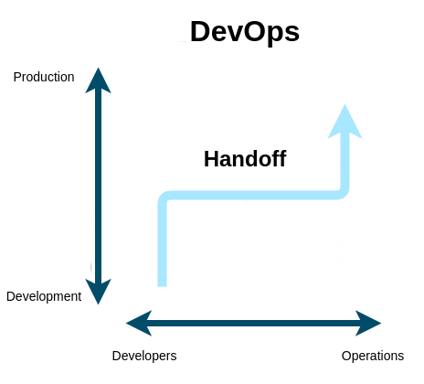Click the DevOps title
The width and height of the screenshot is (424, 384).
pyautogui.click(x=245, y=33)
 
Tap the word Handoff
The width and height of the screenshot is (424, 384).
pyautogui.click(x=245, y=159)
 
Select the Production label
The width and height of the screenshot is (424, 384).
pyautogui.click(x=44, y=77)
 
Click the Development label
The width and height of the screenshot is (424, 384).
pyautogui.click(x=44, y=297)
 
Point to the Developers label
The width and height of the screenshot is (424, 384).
pyautogui.click(x=144, y=356)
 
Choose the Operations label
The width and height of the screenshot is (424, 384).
pyautogui.click(x=373, y=356)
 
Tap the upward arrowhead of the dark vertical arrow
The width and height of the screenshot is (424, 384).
pyautogui.click(x=98, y=80)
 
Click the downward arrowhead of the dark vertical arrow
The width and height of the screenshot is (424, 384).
pyautogui.click(x=98, y=292)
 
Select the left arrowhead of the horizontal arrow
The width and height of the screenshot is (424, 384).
pyautogui.click(x=139, y=323)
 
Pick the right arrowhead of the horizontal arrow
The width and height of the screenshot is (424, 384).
pyautogui.click(x=368, y=323)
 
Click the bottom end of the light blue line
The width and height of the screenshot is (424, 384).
pyautogui.click(x=162, y=286)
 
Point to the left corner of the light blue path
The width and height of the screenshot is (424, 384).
pyautogui.click(x=163, y=197)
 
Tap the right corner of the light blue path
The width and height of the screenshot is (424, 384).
pyautogui.click(x=344, y=195)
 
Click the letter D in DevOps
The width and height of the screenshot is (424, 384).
pyautogui.click(x=200, y=31)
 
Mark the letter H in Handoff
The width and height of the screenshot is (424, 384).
pyautogui.click(x=211, y=159)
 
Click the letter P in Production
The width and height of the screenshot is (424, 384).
pyautogui.click(x=17, y=77)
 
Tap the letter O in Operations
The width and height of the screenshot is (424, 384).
pyautogui.click(x=346, y=356)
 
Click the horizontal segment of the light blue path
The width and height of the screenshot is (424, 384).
pyautogui.click(x=253, y=196)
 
